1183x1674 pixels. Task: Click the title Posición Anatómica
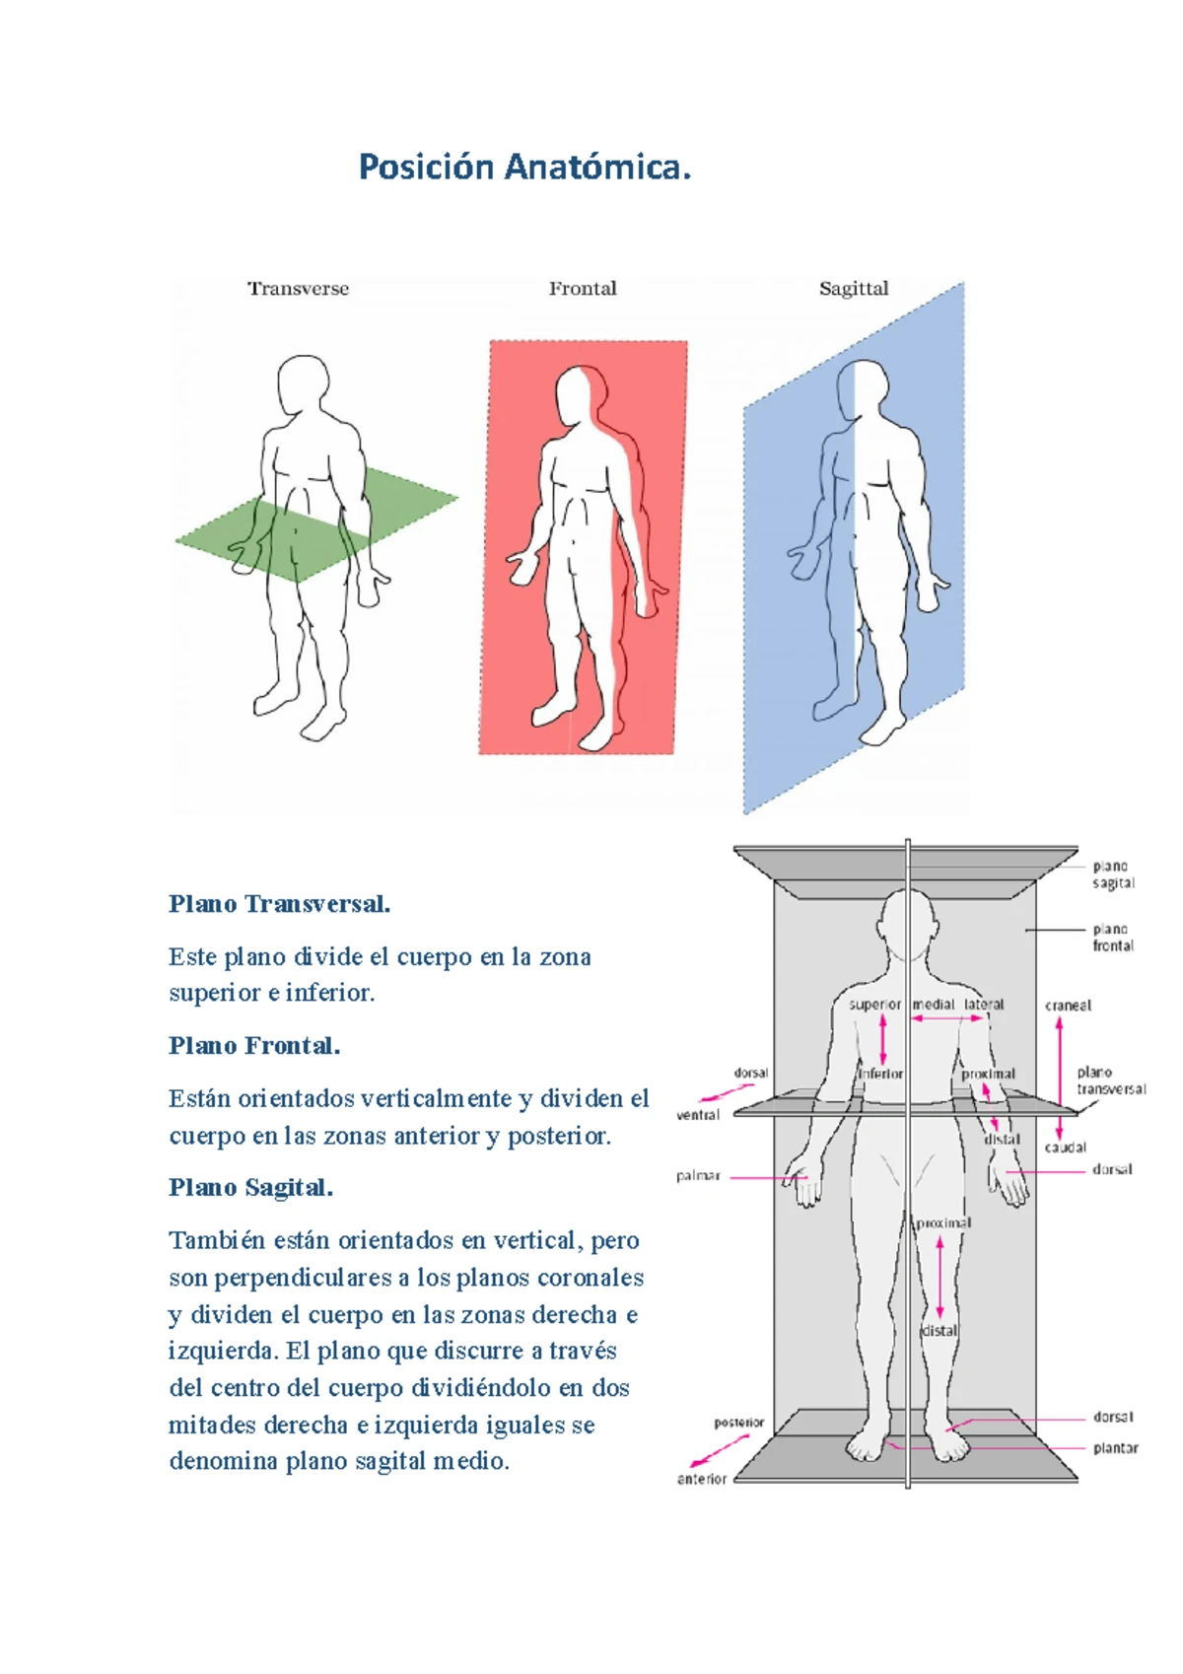(x=523, y=167)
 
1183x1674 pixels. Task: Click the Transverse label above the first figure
(x=298, y=289)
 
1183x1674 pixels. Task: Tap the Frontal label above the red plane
(x=583, y=289)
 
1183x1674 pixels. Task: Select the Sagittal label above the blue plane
(x=854, y=289)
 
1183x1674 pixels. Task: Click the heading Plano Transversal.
(x=279, y=904)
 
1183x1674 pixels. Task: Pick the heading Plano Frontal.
(x=254, y=1046)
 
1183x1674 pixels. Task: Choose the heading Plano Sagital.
(x=250, y=1188)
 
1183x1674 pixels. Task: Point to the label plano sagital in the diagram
(x=1113, y=874)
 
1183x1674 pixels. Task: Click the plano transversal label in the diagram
(x=1111, y=1081)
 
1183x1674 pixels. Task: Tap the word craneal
(x=1068, y=1006)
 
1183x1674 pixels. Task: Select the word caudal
(x=1066, y=1148)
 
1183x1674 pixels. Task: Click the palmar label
(x=698, y=1176)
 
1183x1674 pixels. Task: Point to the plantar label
(x=1115, y=1448)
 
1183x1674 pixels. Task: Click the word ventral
(x=698, y=1115)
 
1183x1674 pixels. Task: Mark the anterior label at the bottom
(x=702, y=1479)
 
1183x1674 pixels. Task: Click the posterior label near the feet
(x=739, y=1423)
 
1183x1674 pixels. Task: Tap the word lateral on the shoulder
(x=984, y=1005)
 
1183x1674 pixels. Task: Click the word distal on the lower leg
(x=939, y=1330)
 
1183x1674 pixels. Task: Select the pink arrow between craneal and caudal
(x=1060, y=1076)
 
